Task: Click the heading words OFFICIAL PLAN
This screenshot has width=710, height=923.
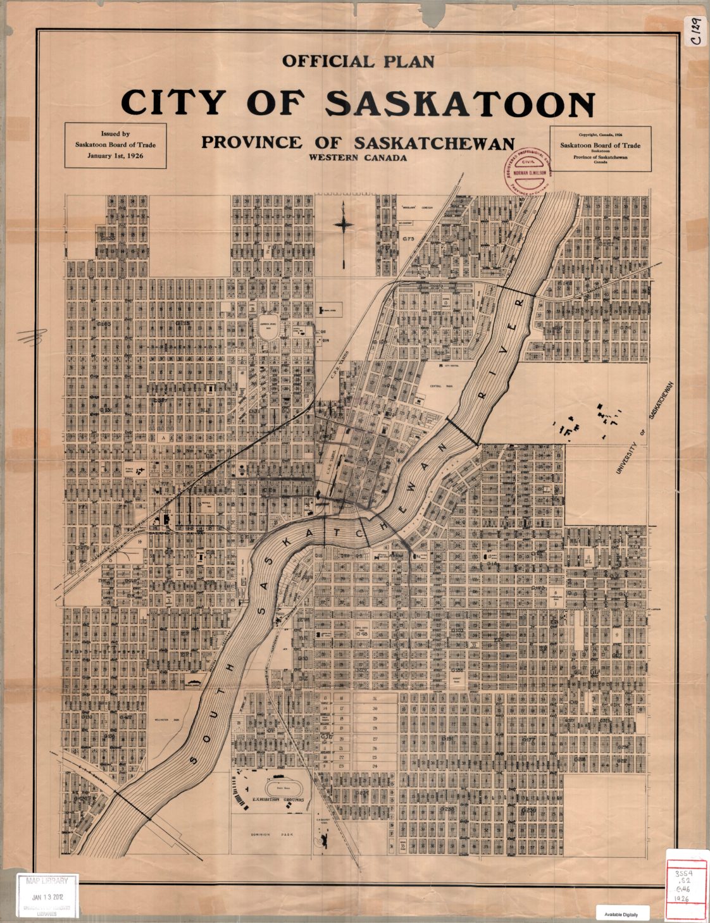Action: (358, 61)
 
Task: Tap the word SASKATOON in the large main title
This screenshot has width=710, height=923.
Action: (461, 103)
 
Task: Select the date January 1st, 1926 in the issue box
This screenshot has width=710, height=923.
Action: (115, 155)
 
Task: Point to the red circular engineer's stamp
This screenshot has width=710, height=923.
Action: (524, 172)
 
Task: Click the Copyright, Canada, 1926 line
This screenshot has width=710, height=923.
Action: (600, 134)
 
